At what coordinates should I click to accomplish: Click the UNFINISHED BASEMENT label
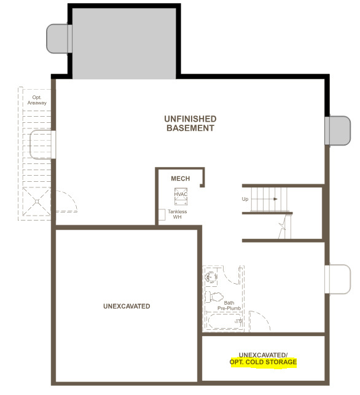190,123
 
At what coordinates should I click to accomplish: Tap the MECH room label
181,179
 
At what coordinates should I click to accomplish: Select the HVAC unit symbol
181,196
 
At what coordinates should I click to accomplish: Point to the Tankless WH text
178,214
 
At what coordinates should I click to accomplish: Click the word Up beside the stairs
245,199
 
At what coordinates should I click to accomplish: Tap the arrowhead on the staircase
275,199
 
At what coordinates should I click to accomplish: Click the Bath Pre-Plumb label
229,305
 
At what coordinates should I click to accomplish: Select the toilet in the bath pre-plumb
214,297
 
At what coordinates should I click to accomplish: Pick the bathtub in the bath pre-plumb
224,321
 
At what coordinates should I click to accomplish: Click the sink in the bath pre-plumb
211,277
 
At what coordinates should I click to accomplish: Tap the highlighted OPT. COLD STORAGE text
264,362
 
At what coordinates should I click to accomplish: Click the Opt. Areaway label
37,100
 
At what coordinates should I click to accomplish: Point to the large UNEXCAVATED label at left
127,306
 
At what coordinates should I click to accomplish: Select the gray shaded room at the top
124,44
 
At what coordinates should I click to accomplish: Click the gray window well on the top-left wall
59,39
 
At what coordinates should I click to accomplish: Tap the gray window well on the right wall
338,130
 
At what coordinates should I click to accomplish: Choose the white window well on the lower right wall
338,279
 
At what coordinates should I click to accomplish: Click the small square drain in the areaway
37,201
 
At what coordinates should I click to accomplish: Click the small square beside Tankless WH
162,214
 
